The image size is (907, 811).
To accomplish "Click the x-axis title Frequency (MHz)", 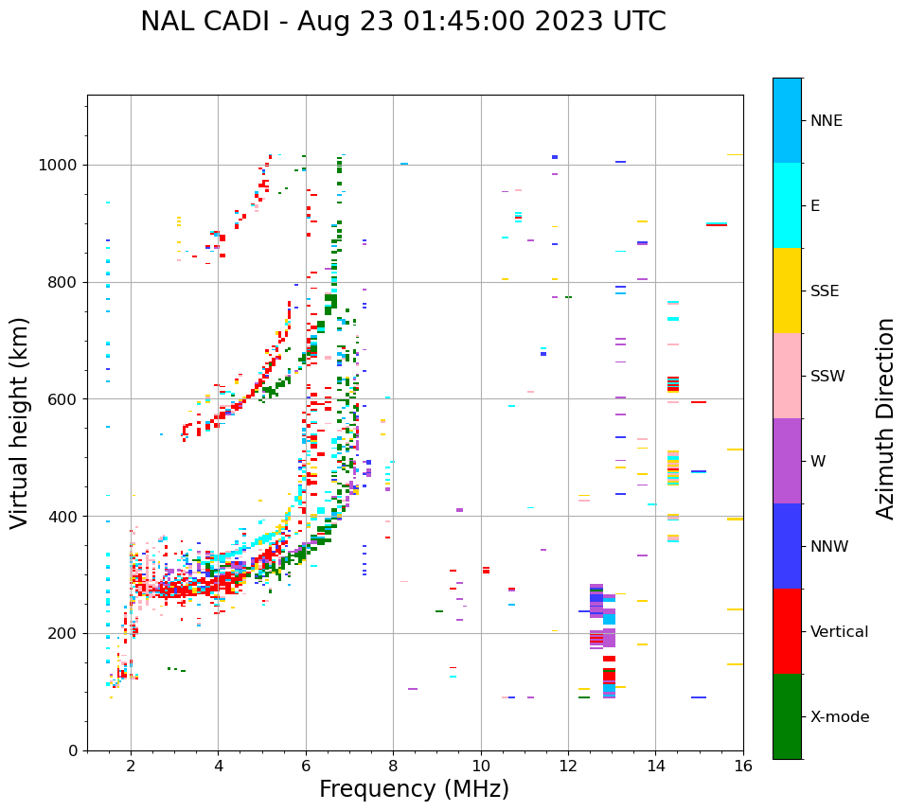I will click(x=414, y=789).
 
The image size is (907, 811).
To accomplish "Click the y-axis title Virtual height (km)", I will click(x=20, y=422).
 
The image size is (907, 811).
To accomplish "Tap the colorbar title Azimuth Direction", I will click(x=885, y=417).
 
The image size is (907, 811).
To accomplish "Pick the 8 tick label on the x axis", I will click(x=393, y=766).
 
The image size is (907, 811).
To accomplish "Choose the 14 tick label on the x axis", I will click(x=655, y=766).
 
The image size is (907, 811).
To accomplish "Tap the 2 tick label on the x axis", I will click(x=131, y=766).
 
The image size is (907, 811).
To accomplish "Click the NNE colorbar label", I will click(x=827, y=121).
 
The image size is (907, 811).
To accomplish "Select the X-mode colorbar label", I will click(x=840, y=717).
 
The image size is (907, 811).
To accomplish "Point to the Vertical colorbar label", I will click(x=839, y=632).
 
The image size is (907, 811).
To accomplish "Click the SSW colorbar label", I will click(x=827, y=377).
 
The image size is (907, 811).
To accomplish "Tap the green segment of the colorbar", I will click(x=787, y=716).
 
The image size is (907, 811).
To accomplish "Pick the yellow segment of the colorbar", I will click(x=787, y=291).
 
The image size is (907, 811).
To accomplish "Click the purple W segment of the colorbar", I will click(x=787, y=461).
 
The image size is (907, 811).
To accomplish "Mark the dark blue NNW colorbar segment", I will click(x=787, y=546).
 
